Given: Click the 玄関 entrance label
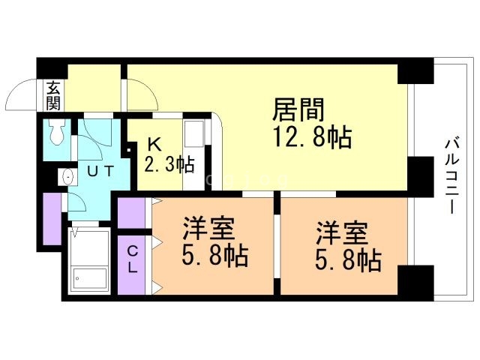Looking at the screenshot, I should tap(53, 95).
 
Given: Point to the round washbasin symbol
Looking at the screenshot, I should tap(66, 178).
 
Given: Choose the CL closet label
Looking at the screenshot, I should tap(130, 258).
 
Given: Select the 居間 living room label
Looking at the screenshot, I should tap(298, 110).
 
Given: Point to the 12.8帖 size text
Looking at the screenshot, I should tap(314, 137).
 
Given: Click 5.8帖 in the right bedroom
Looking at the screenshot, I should tap(346, 260).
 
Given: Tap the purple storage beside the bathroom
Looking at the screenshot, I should tap(52, 219).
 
